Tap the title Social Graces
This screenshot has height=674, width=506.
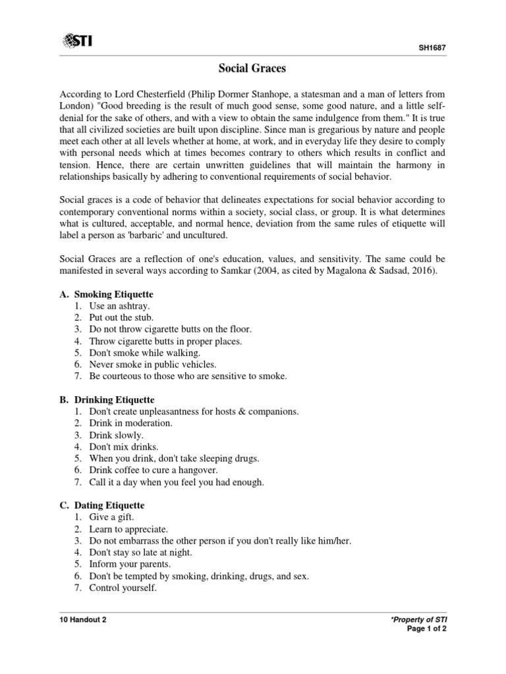click(252, 68)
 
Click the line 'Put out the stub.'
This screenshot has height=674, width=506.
click(122, 317)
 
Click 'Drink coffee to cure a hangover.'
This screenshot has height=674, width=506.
click(154, 470)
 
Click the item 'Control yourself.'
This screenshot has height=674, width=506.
click(124, 588)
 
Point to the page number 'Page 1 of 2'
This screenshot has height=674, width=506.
click(432, 632)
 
